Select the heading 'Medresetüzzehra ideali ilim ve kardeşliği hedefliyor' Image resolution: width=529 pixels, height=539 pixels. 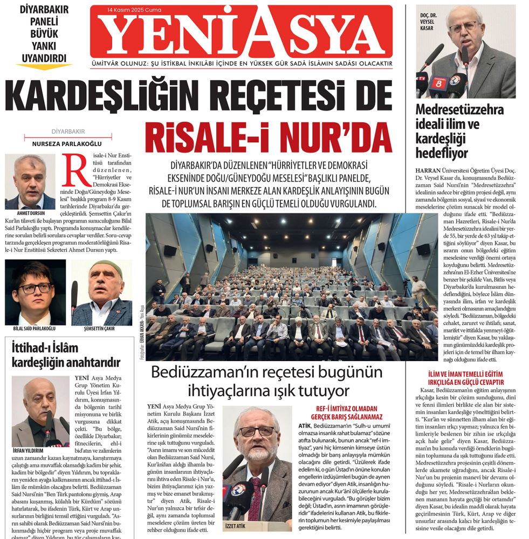tap(459, 132)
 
